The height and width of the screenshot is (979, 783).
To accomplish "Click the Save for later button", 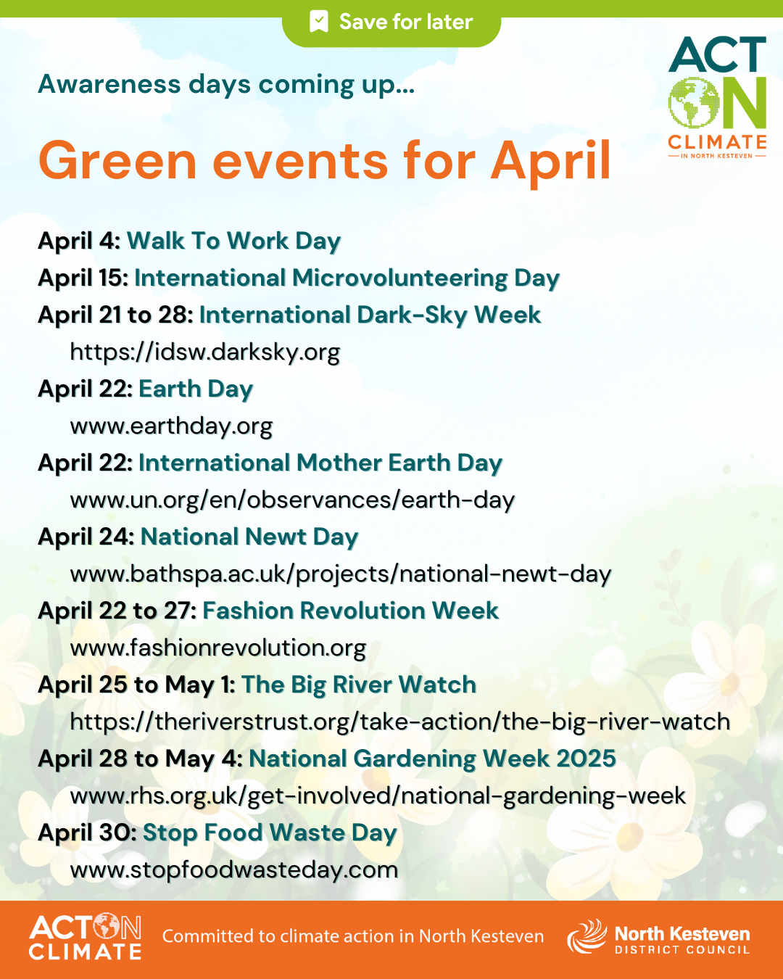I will pos(391,22).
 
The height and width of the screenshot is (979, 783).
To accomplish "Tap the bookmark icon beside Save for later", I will pos(318,22).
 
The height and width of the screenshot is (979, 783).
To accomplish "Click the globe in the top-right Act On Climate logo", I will pos(693,103).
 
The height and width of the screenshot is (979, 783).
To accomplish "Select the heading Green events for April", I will pos(325,160).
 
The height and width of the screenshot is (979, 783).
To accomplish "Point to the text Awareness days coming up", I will pos(226,85).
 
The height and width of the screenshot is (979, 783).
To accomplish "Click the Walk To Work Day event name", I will pos(233,241).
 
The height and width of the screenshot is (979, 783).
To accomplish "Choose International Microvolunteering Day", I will pos(347,278).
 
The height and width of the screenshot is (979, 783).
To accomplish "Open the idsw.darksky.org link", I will pos(205,352).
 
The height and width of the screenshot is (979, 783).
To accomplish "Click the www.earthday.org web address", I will pos(171,426).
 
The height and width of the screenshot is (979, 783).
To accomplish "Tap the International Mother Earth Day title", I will pos(320,463).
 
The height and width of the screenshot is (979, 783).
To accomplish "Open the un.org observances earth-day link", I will pos(292,500).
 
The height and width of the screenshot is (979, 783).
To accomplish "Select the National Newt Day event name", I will pos(249,537).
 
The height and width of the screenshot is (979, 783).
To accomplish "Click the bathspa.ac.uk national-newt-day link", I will pos(341,574).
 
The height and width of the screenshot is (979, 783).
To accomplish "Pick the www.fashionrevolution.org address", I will pos(218,648).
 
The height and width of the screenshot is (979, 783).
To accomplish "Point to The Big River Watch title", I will pos(359,685).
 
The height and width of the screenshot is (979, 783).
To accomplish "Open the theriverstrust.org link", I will pos(400,722).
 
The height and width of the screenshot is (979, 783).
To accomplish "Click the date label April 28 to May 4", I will pos(140,759).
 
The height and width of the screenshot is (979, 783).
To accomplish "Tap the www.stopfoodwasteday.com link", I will pos(234,869).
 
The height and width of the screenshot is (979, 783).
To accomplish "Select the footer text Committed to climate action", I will pos(353,936).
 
